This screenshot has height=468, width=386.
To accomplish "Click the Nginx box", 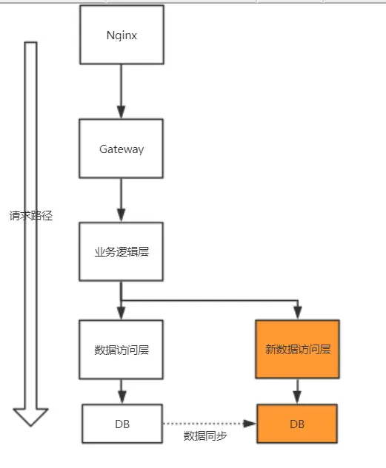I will (x=122, y=35).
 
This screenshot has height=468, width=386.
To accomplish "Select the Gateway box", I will (x=122, y=149).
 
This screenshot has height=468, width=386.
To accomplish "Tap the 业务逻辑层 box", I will (x=122, y=251).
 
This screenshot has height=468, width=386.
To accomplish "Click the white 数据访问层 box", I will (x=122, y=349).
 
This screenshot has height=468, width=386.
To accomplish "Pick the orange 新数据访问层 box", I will (x=297, y=349).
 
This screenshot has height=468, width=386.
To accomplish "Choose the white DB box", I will (x=122, y=424).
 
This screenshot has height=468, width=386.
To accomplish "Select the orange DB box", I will (x=297, y=424).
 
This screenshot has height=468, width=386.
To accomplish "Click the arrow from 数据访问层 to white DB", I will (x=122, y=390).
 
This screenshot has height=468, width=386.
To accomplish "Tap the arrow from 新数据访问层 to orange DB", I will (x=297, y=390).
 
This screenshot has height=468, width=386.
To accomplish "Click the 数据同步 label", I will (x=205, y=436).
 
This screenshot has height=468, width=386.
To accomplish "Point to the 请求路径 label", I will (x=31, y=217).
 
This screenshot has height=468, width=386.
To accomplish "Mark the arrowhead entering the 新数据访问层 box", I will (x=297, y=313).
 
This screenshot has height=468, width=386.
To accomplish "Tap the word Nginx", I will (x=122, y=35).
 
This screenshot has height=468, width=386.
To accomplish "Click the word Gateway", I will (x=122, y=149).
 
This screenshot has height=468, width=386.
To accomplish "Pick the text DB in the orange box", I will (x=297, y=424).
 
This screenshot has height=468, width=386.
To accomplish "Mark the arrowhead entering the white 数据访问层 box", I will (x=122, y=313).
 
